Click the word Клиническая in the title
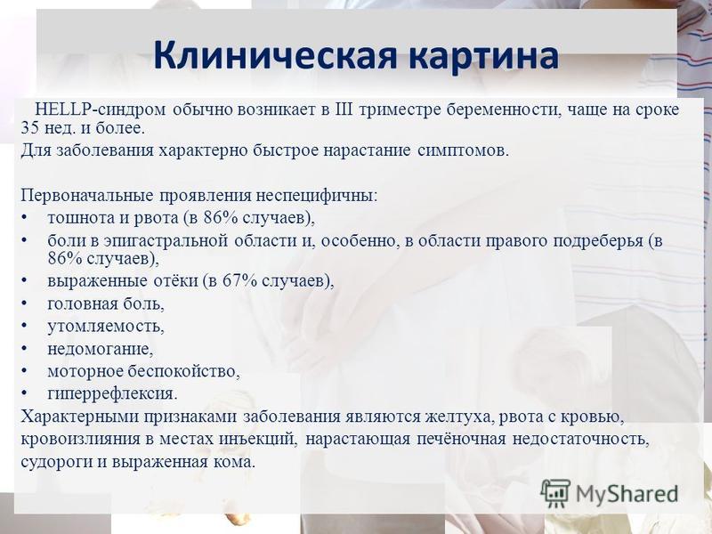[x=276, y=55]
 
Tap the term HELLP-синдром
[x=101, y=109]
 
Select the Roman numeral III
[x=344, y=109]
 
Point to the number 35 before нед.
[x=30, y=128]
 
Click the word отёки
[x=175, y=281]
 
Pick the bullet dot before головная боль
[x=25, y=303]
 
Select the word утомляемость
[x=106, y=327]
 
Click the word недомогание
[x=101, y=349]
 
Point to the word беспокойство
[x=183, y=371]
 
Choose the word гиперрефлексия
[x=112, y=394]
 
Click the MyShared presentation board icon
[x=555, y=493]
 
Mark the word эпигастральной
[x=166, y=240]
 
